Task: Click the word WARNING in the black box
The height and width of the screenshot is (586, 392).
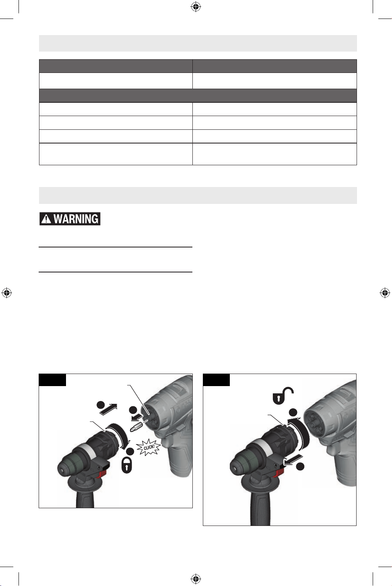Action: (x=76, y=219)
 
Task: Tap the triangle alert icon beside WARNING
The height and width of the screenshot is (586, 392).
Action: (x=46, y=219)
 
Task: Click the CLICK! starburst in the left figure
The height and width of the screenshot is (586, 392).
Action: (x=148, y=447)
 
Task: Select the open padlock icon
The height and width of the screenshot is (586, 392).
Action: (x=283, y=395)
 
